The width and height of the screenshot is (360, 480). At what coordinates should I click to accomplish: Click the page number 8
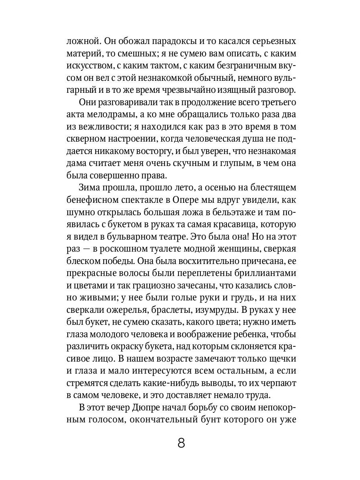(181, 444)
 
